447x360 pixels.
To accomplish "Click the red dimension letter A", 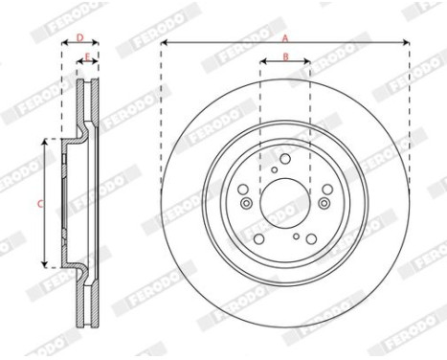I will coord(284,36).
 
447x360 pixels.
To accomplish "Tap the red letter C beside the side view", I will coord(39,203).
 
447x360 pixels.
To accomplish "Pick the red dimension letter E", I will coord(87,58).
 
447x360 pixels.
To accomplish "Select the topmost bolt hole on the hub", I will coord(285,159).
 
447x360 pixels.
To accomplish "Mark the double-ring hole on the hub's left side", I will coord(246,203).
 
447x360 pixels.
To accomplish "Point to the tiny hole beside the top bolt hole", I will coord(275,170).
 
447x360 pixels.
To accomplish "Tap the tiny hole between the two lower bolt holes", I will coord(297,235).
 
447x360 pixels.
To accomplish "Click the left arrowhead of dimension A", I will coord(164,43).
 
